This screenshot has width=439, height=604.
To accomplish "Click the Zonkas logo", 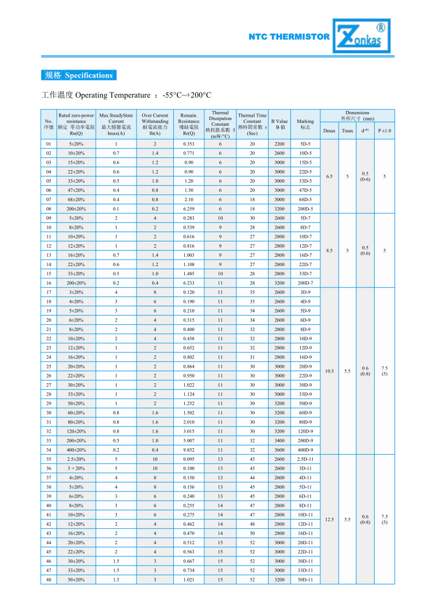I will (363, 36).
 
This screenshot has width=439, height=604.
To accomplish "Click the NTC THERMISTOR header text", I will (289, 37).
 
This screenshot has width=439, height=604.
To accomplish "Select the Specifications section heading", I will (79, 75).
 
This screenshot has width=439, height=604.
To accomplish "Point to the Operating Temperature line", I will (127, 95).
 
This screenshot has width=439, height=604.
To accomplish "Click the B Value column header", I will (279, 124).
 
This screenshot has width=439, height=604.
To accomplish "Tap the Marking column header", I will (305, 124).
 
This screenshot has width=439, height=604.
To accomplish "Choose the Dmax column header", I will (329, 130).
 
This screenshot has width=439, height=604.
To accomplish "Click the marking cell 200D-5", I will (305, 209).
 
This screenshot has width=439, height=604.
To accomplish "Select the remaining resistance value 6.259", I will (189, 209).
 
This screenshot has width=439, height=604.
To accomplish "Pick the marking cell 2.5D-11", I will (305, 459).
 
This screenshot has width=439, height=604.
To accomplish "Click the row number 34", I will (49, 450).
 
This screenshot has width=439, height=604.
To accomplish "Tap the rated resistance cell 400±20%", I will (76, 450).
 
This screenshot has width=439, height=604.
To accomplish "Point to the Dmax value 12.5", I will (329, 520).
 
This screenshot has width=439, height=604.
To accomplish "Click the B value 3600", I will (279, 450).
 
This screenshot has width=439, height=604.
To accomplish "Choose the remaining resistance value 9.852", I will (189, 450).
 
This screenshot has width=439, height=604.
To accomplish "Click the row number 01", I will (49, 144).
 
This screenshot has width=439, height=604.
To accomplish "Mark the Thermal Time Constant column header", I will (252, 124).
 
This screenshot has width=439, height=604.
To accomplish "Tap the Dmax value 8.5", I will (329, 250).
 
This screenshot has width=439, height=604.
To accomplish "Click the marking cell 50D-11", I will (305, 580).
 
